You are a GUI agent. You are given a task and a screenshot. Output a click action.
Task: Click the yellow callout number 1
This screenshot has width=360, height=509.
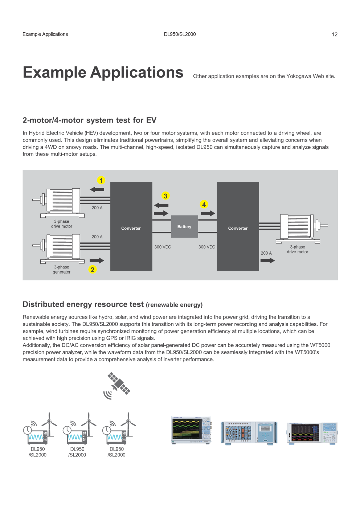101,180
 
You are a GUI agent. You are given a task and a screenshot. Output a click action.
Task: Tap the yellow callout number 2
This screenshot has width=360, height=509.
92,270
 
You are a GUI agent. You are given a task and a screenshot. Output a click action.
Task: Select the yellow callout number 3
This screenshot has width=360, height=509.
165,196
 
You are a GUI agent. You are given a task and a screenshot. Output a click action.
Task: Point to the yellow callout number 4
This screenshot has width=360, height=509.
204,205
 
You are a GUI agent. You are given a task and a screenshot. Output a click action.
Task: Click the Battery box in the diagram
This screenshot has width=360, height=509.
184,226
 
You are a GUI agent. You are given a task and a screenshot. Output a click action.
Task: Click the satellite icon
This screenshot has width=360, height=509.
117,386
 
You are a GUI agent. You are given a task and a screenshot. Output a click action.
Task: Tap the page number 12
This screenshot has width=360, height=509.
335,34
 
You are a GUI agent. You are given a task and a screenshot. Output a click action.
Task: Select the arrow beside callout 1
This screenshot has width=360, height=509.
97,189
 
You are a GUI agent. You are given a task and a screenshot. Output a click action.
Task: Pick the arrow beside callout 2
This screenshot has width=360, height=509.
97,260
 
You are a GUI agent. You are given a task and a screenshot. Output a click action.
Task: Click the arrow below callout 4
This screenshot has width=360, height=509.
208,213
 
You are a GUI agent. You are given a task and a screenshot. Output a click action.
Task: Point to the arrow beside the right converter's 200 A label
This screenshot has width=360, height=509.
267,260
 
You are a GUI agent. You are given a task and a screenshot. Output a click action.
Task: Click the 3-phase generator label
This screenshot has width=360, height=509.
62,270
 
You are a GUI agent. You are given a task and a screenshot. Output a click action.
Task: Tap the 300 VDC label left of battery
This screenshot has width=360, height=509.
163,247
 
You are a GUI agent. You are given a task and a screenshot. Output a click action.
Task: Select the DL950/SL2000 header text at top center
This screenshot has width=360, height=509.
180,34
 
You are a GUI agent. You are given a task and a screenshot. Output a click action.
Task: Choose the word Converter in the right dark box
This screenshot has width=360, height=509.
238,228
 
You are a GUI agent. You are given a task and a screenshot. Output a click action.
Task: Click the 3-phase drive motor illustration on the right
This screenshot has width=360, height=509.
302,229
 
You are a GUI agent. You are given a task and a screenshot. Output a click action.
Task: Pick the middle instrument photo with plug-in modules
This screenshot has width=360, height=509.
249,433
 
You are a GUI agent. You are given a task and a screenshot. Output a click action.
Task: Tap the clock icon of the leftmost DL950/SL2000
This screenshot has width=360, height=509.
28,430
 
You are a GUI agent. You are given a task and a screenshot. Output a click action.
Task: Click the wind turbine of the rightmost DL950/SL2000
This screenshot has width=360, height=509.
128,424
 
